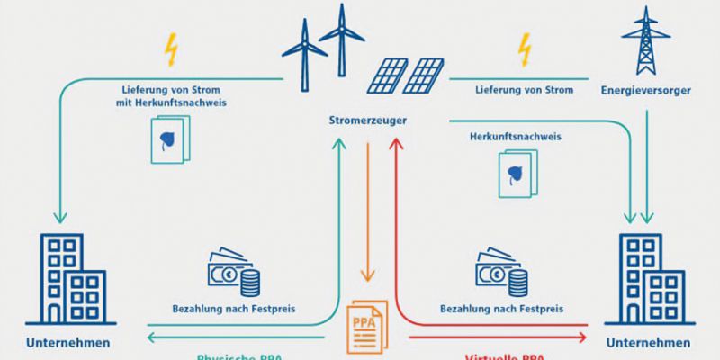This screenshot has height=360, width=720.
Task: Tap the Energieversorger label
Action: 638,90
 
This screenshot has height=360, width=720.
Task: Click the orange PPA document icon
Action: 364,325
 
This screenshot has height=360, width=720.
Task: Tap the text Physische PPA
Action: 234,356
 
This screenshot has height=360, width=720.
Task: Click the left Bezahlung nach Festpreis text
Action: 234,309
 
